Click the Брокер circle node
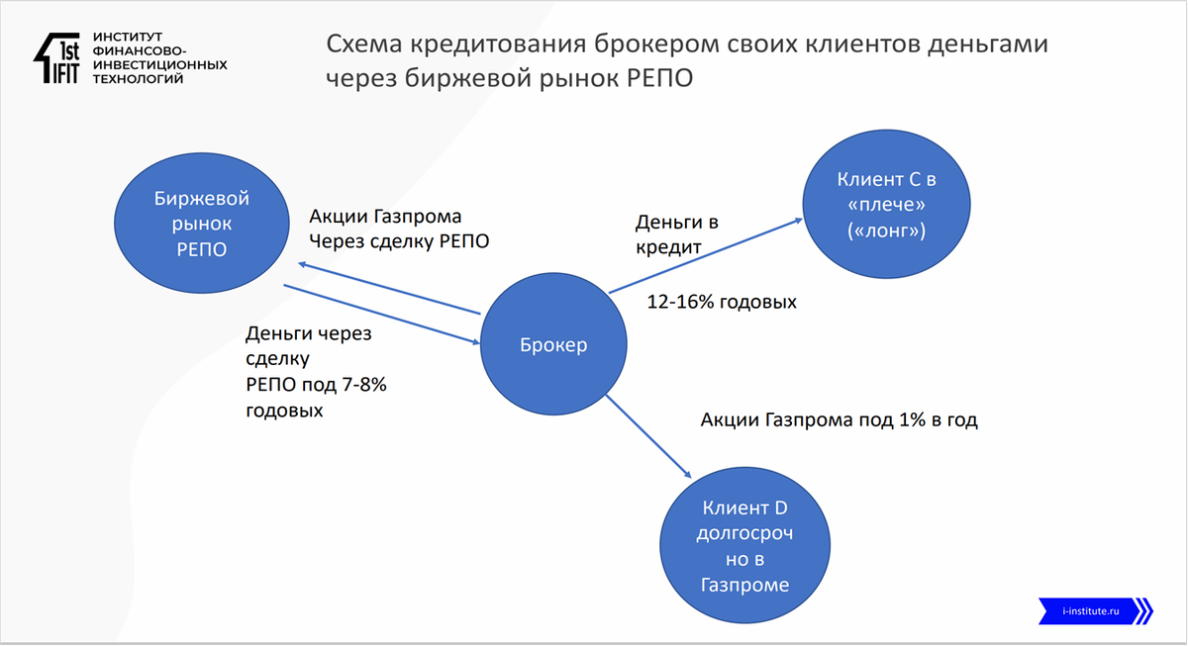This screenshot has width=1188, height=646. pos(553,345)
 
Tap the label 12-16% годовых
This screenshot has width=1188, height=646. pos(721,302)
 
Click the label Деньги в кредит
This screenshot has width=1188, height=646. pos(675,235)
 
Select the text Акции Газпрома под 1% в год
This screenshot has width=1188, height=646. pos(839,419)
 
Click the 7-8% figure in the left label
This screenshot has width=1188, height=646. pos(359,385)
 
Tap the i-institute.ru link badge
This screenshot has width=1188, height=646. pos(1095,610)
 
